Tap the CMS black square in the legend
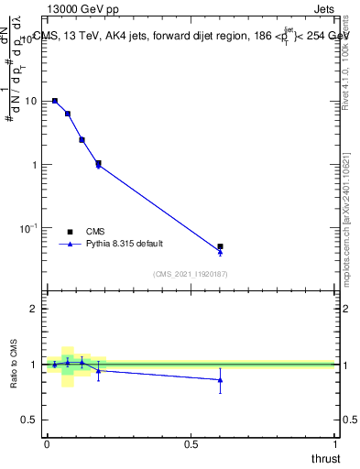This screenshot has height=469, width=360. tap(70, 232)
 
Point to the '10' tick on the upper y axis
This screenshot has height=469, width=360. tap(31, 102)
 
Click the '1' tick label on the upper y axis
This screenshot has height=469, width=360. tap(35, 165)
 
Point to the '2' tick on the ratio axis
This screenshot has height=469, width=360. tap(35, 309)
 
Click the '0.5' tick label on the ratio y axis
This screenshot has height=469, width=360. tap(29, 420)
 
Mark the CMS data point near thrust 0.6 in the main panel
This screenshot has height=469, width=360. tap(220, 246)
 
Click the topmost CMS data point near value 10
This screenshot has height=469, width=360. tap(55, 101)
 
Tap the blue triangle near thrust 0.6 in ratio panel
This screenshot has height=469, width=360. tap(220, 379)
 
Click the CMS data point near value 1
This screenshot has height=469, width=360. tap(98, 164)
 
